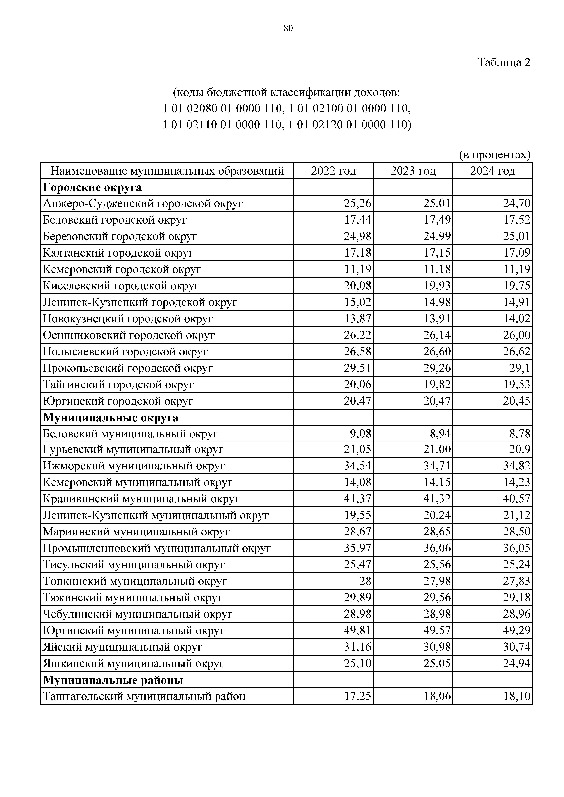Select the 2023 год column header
point(413,171)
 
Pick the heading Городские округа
point(92,187)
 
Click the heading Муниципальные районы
point(113,680)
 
